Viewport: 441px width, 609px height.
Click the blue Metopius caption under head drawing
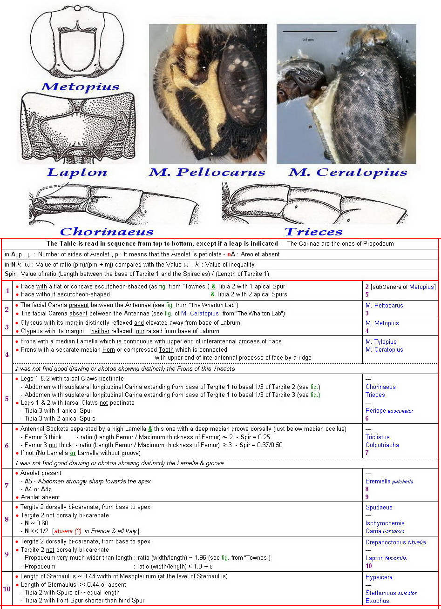[x=80, y=87]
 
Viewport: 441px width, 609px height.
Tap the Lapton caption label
[x=77, y=172]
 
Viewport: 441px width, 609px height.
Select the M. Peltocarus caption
[x=207, y=172]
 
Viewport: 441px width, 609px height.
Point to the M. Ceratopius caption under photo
[x=347, y=172]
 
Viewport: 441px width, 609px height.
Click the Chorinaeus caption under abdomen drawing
[x=107, y=231]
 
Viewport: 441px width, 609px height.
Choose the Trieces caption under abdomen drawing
[x=313, y=231]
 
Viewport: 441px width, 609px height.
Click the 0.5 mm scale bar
[x=310, y=32]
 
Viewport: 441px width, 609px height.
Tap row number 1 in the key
[x=7, y=291]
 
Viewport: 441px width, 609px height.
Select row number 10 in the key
[x=7, y=589]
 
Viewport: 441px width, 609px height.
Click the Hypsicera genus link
[x=379, y=577]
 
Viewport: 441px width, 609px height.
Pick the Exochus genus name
[x=377, y=601]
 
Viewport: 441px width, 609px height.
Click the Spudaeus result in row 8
[x=379, y=508]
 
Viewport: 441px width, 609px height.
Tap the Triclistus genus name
[x=377, y=437]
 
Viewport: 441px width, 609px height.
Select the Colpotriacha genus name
[x=382, y=445]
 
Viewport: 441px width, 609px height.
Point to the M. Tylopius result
[x=381, y=342]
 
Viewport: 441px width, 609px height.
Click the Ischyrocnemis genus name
[x=385, y=523]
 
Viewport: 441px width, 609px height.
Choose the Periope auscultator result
[x=389, y=411]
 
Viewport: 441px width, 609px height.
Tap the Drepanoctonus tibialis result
[x=395, y=542]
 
